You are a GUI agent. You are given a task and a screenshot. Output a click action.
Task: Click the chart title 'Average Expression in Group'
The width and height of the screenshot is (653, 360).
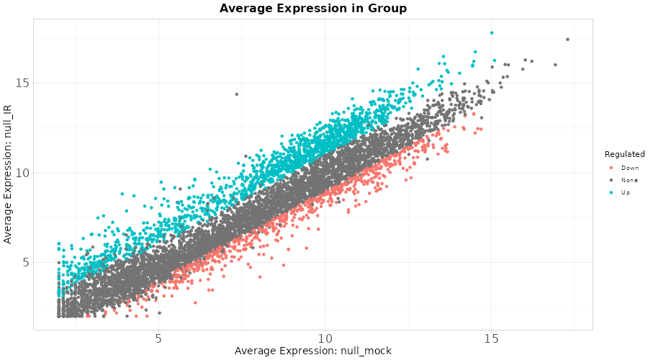pyautogui.click(x=313, y=9)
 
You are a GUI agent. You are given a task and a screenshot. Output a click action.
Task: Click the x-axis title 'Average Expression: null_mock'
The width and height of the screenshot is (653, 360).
pyautogui.click(x=313, y=351)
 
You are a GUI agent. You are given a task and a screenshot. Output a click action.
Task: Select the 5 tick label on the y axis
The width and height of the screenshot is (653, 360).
pyautogui.click(x=24, y=263)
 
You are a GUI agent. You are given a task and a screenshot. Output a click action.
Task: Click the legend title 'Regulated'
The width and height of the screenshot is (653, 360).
pyautogui.click(x=624, y=154)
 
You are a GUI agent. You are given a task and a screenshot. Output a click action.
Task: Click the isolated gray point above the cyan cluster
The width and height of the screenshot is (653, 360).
pyautogui.click(x=236, y=94)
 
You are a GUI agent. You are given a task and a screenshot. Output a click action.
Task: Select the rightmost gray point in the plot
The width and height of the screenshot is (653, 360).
pyautogui.click(x=567, y=40)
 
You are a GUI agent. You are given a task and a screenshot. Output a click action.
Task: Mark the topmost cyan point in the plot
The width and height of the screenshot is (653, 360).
pyautogui.click(x=492, y=32)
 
